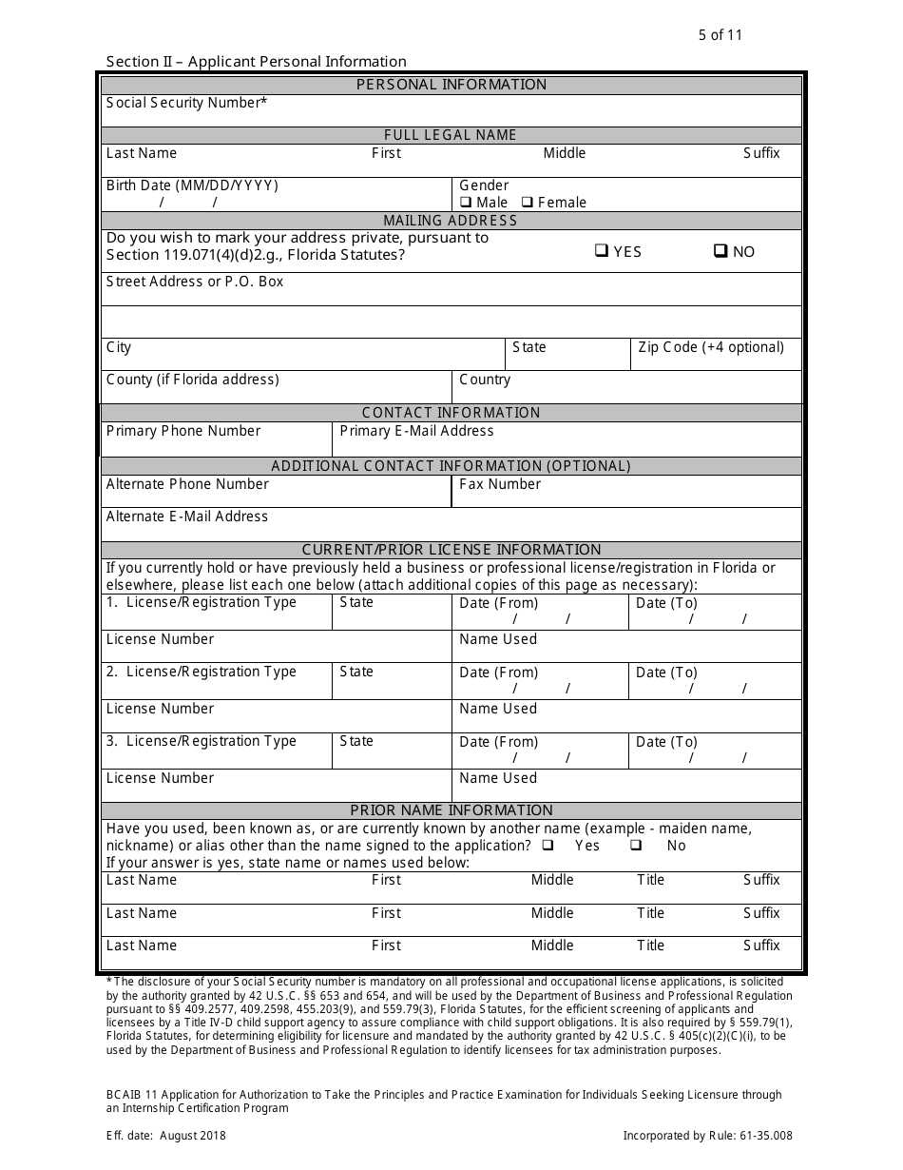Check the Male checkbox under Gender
[466, 203]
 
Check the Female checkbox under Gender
[528, 203]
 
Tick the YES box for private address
[602, 251]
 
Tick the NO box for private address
[720, 251]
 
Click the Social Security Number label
[186, 103]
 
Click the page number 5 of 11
[720, 35]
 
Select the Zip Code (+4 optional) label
[711, 347]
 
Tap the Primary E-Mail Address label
[416, 431]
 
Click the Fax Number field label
[499, 484]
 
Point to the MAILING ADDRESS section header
[451, 221]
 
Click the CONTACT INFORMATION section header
[451, 413]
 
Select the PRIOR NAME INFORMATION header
[451, 810]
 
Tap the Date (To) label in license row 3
[666, 742]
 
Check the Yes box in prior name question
[548, 846]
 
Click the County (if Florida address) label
[192, 380]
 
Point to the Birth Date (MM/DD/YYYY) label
[192, 185]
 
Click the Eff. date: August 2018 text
[166, 1135]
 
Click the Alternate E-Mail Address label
[186, 517]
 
